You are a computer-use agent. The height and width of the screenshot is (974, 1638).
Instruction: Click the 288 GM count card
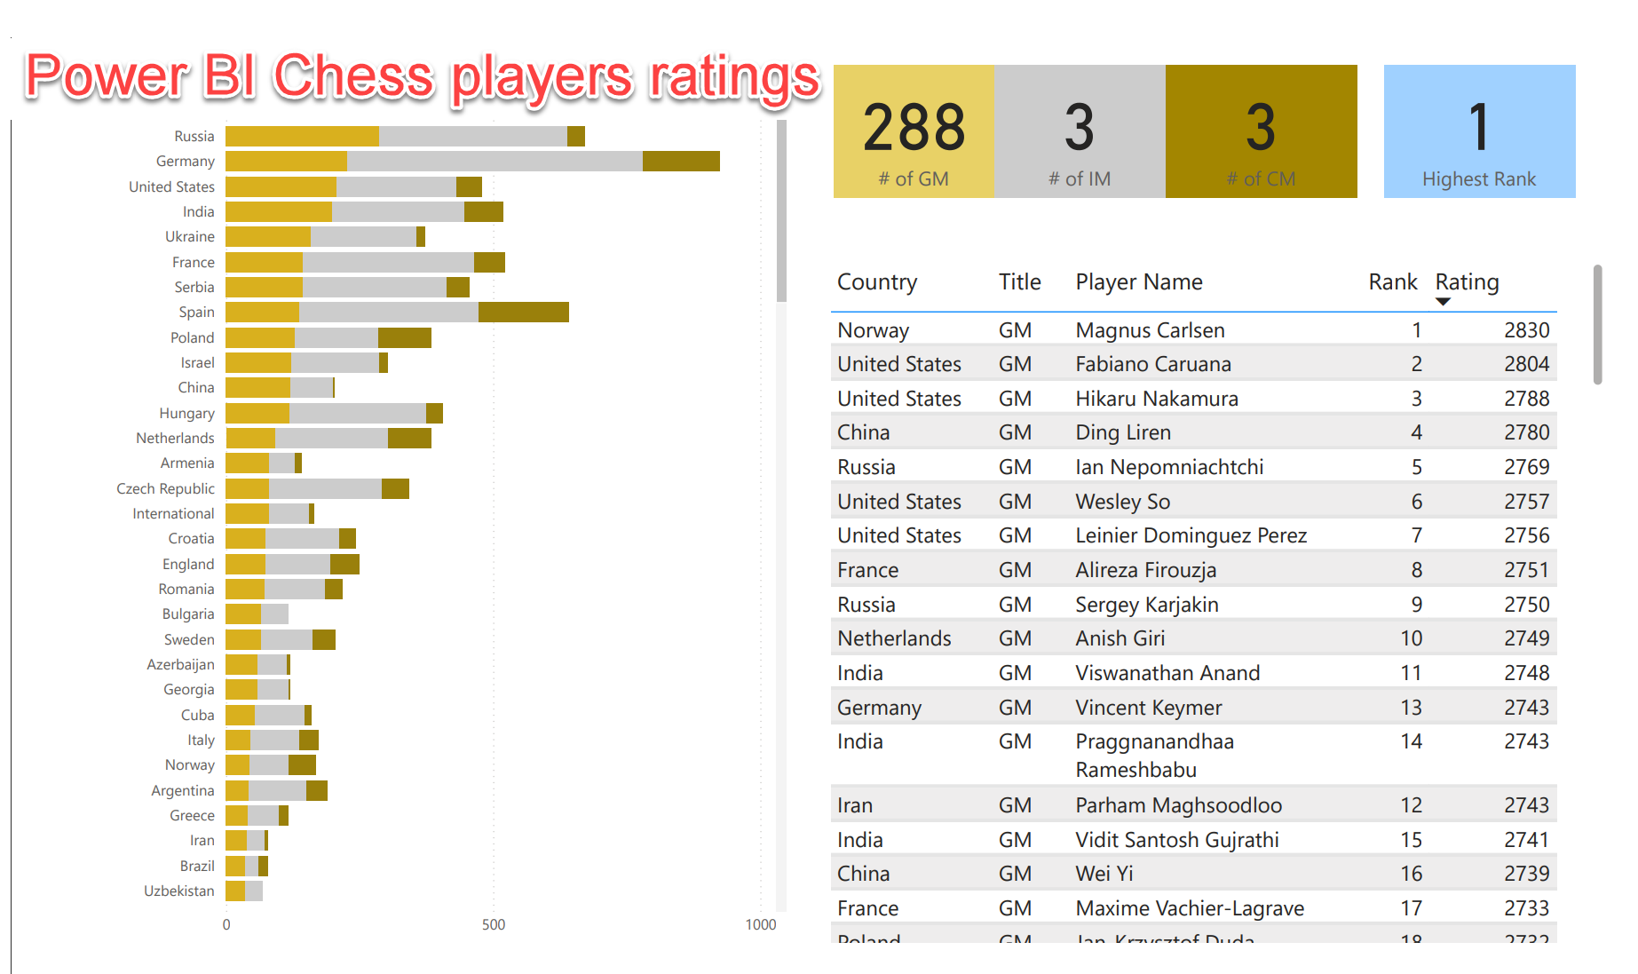click(x=914, y=131)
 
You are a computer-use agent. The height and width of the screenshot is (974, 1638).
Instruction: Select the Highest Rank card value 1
click(x=1478, y=128)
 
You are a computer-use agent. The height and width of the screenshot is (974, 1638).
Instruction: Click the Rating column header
click(x=1467, y=282)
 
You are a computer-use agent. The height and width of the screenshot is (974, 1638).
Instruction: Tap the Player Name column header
click(x=1139, y=282)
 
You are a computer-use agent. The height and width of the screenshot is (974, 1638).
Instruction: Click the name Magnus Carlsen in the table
click(x=1150, y=330)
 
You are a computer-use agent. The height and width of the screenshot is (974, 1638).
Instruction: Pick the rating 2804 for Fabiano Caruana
click(x=1526, y=364)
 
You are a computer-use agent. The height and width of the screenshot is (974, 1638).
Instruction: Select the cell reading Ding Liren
click(x=1123, y=432)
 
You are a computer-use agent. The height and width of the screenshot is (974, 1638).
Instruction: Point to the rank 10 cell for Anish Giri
click(x=1411, y=638)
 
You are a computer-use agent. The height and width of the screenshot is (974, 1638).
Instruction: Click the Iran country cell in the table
click(x=854, y=805)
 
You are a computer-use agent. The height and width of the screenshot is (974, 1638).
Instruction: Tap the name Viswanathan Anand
click(x=1167, y=673)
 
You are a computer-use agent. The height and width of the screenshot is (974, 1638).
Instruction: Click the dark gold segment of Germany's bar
click(x=681, y=161)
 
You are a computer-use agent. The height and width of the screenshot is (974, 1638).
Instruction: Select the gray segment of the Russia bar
click(x=472, y=136)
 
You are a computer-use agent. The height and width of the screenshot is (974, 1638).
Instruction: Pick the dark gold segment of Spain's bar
click(x=523, y=313)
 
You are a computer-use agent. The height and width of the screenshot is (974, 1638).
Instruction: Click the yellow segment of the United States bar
click(x=281, y=186)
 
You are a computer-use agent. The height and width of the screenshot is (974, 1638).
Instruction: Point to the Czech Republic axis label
click(x=166, y=488)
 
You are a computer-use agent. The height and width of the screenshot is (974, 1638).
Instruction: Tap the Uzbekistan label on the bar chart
click(x=179, y=891)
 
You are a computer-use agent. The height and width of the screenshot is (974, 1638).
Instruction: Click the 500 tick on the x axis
click(x=494, y=924)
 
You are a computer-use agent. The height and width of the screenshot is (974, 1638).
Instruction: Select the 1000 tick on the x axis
click(x=760, y=924)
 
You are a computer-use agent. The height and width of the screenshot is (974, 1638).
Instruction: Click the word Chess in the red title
click(x=353, y=76)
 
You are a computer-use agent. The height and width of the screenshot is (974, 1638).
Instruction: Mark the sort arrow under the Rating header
click(x=1443, y=302)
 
